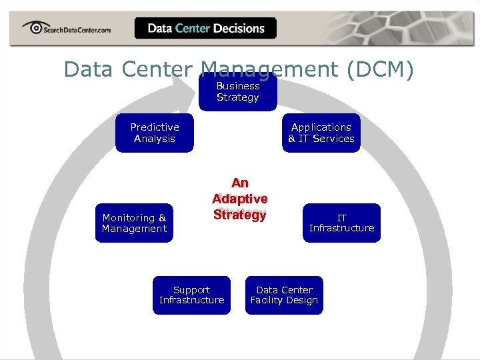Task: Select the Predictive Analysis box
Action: click(154, 133)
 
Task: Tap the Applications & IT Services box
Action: click(321, 133)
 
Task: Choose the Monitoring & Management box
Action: click(134, 223)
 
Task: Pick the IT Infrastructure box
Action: click(341, 223)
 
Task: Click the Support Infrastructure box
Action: click(191, 295)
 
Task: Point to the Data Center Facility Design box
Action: click(284, 295)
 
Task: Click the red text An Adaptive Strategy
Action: click(240, 199)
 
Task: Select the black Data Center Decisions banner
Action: click(205, 28)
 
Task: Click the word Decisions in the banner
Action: click(239, 29)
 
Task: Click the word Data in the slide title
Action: click(84, 69)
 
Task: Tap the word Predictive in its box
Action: click(154, 127)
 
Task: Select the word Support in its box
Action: click(191, 289)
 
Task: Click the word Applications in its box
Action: click(321, 127)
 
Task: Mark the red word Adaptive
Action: click(240, 199)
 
